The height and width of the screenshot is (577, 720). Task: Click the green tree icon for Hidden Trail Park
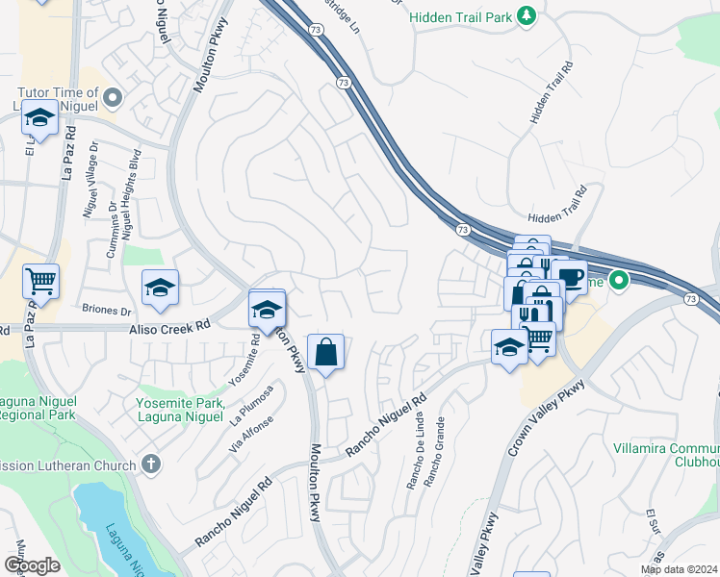click(x=526, y=15)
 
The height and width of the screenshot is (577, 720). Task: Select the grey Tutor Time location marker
click(x=113, y=96)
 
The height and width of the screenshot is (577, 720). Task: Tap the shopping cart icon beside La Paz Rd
click(x=40, y=281)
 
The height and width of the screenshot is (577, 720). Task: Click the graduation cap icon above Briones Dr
click(x=161, y=287)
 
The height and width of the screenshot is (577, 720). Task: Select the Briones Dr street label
click(x=107, y=312)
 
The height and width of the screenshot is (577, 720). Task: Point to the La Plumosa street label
click(x=253, y=404)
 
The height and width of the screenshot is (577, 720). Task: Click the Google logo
click(x=32, y=565)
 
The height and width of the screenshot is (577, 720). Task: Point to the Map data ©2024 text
click(x=679, y=569)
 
